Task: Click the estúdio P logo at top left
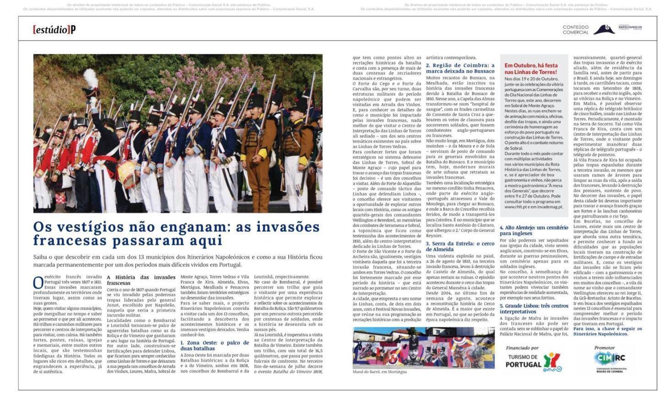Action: tap(54, 30)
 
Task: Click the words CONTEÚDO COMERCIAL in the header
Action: tap(575, 30)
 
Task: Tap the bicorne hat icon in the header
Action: tap(604, 30)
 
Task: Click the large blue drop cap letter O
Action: tap(38, 283)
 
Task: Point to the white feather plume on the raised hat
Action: tap(90, 76)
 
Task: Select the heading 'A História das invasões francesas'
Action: tap(141, 280)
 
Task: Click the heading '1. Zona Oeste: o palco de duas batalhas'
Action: tap(214, 345)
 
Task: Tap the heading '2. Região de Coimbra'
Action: tap(460, 68)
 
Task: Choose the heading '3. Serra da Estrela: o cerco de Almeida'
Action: tap(460, 246)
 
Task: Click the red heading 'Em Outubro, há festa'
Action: tap(531, 69)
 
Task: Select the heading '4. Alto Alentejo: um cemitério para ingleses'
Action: tap(534, 230)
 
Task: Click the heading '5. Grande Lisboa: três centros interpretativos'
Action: tap(534, 308)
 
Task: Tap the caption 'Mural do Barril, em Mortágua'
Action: tap(379, 371)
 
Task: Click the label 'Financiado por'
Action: tap(522, 348)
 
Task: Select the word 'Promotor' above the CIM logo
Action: tap(604, 348)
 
